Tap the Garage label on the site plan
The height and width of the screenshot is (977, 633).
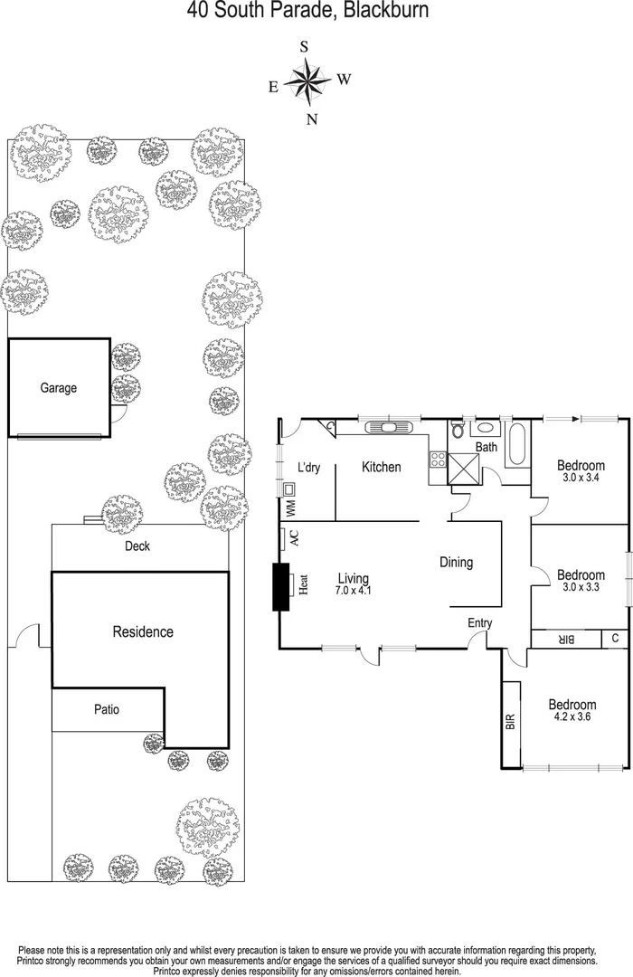click(59, 388)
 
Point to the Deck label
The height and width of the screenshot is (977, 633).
click(137, 546)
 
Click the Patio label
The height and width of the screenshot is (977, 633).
click(106, 709)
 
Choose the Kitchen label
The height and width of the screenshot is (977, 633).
click(381, 467)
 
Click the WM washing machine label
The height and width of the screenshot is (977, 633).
click(291, 508)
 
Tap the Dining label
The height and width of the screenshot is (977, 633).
click(456, 562)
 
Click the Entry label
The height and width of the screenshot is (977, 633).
click(479, 622)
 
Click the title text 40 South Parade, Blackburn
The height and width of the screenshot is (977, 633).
click(307, 11)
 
